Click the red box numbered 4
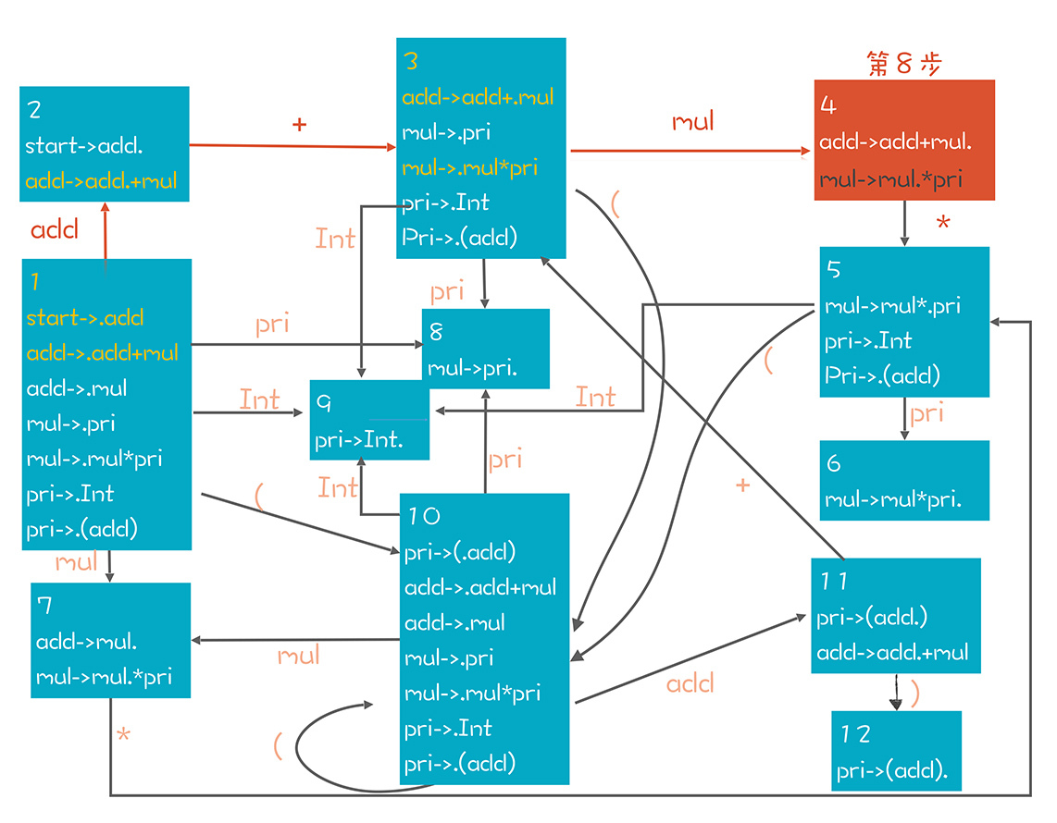coord(904,140)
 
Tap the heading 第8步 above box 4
coord(904,63)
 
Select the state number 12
coord(856,733)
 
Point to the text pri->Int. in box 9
coord(359,439)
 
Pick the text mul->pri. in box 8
coord(472,368)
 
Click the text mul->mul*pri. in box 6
coord(893,500)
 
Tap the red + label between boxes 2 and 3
coord(298,124)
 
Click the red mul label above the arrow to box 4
coord(693,121)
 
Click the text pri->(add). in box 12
coord(892,770)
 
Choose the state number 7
coord(44,606)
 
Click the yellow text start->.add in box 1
coord(85,318)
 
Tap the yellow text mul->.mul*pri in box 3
coord(470,168)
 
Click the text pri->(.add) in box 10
coord(460,552)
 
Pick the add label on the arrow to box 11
coord(690,683)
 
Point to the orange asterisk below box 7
coord(123,737)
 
